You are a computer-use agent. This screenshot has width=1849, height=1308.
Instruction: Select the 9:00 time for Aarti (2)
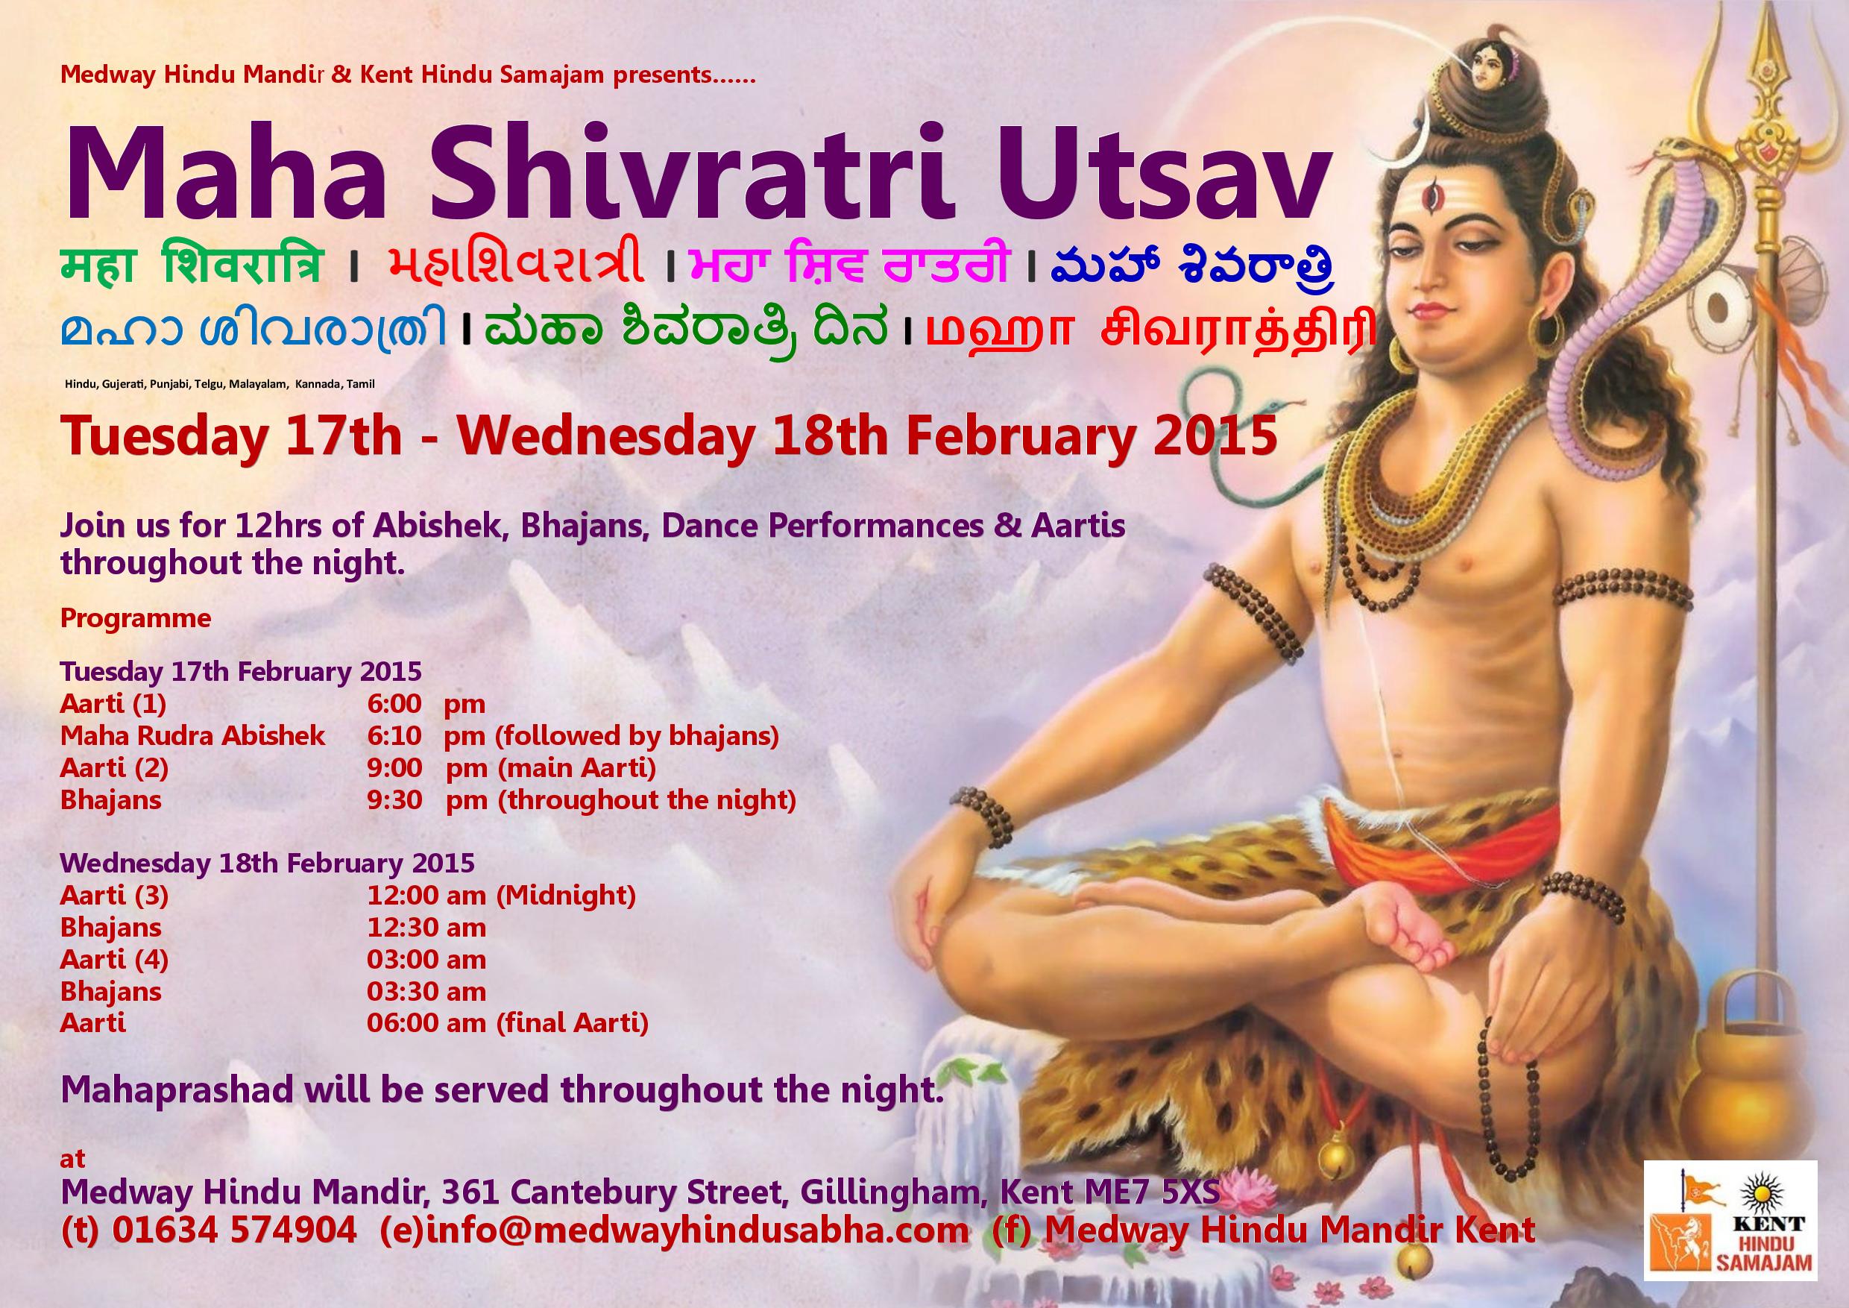coord(394,767)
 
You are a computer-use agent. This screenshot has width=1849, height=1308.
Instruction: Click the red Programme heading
coord(135,618)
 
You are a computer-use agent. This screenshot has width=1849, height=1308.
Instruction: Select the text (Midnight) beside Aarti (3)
coord(565,895)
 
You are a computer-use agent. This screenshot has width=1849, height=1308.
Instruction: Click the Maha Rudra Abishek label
coord(192,735)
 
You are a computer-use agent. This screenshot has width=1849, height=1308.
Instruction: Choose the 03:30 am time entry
coord(426,992)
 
